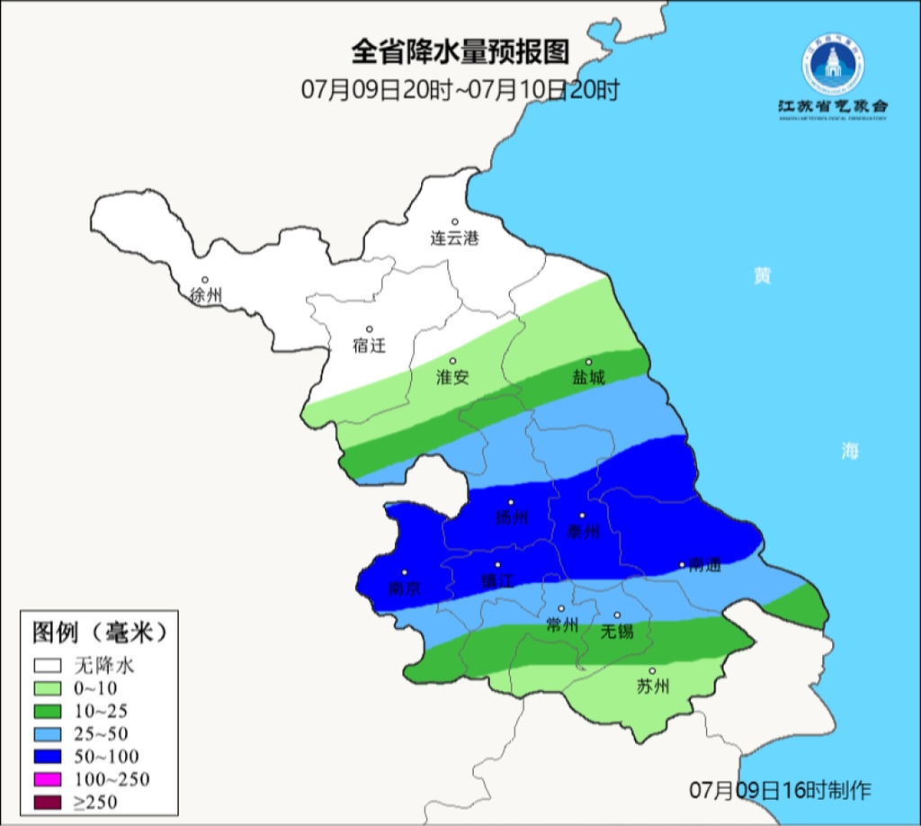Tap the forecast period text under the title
point(460,90)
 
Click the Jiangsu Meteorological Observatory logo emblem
point(832,65)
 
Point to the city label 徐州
point(206,295)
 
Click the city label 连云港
point(454,238)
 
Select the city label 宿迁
point(369,346)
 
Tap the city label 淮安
point(452,377)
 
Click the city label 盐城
point(589,377)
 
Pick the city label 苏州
point(653,687)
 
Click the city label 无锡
point(617,631)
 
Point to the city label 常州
point(562,624)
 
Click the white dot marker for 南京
point(405,572)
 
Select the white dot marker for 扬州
point(511,503)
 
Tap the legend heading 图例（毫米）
point(100,633)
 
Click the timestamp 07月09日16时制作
point(780,791)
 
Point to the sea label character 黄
point(762,276)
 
